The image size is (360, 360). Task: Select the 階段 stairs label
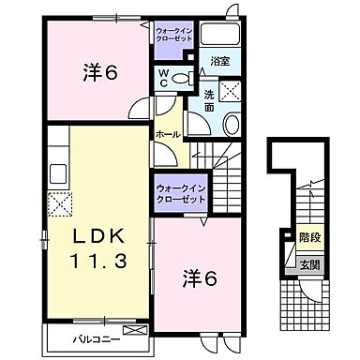point(307,238)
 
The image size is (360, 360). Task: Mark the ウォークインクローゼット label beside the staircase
point(176,195)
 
